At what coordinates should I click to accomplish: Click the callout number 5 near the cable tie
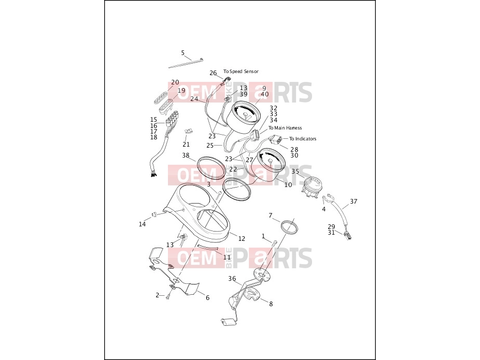click(183, 53)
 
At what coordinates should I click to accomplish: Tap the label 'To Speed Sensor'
click(241, 71)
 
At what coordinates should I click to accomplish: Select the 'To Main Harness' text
click(285, 128)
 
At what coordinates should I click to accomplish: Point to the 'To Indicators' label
click(303, 138)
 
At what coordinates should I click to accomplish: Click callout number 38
click(186, 155)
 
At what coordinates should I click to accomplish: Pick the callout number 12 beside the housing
click(242, 239)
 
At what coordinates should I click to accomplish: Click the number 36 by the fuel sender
click(232, 278)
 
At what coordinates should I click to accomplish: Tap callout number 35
click(295, 171)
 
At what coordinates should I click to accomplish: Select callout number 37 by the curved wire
click(354, 201)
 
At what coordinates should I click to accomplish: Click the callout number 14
click(142, 224)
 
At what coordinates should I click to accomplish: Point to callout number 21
click(186, 145)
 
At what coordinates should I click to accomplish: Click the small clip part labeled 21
click(189, 131)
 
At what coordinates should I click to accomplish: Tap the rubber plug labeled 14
click(154, 213)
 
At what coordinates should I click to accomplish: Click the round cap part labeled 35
click(312, 186)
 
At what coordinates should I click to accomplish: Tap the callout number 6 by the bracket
click(207, 298)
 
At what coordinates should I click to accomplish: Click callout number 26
click(213, 73)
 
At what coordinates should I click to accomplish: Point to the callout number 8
click(271, 304)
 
